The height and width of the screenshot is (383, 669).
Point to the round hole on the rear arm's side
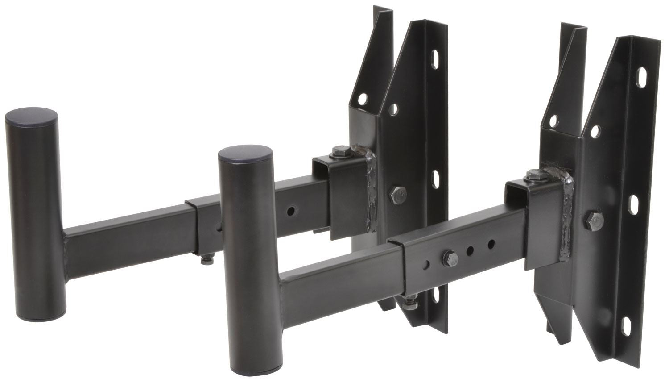coord(291,209)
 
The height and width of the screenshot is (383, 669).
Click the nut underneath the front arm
coord(407,302)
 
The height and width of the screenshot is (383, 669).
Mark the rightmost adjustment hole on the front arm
coord(491,244)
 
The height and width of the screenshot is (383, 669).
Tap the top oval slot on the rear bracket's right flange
coord(434,60)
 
